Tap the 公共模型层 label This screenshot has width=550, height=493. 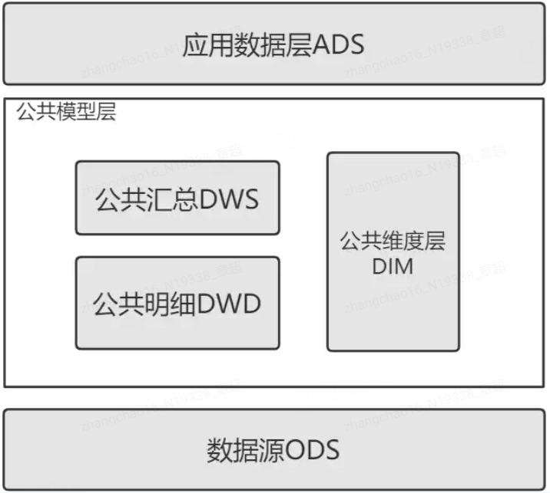coord(66,113)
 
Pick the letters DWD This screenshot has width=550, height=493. coord(230,304)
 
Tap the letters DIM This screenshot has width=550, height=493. coord(393,266)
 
